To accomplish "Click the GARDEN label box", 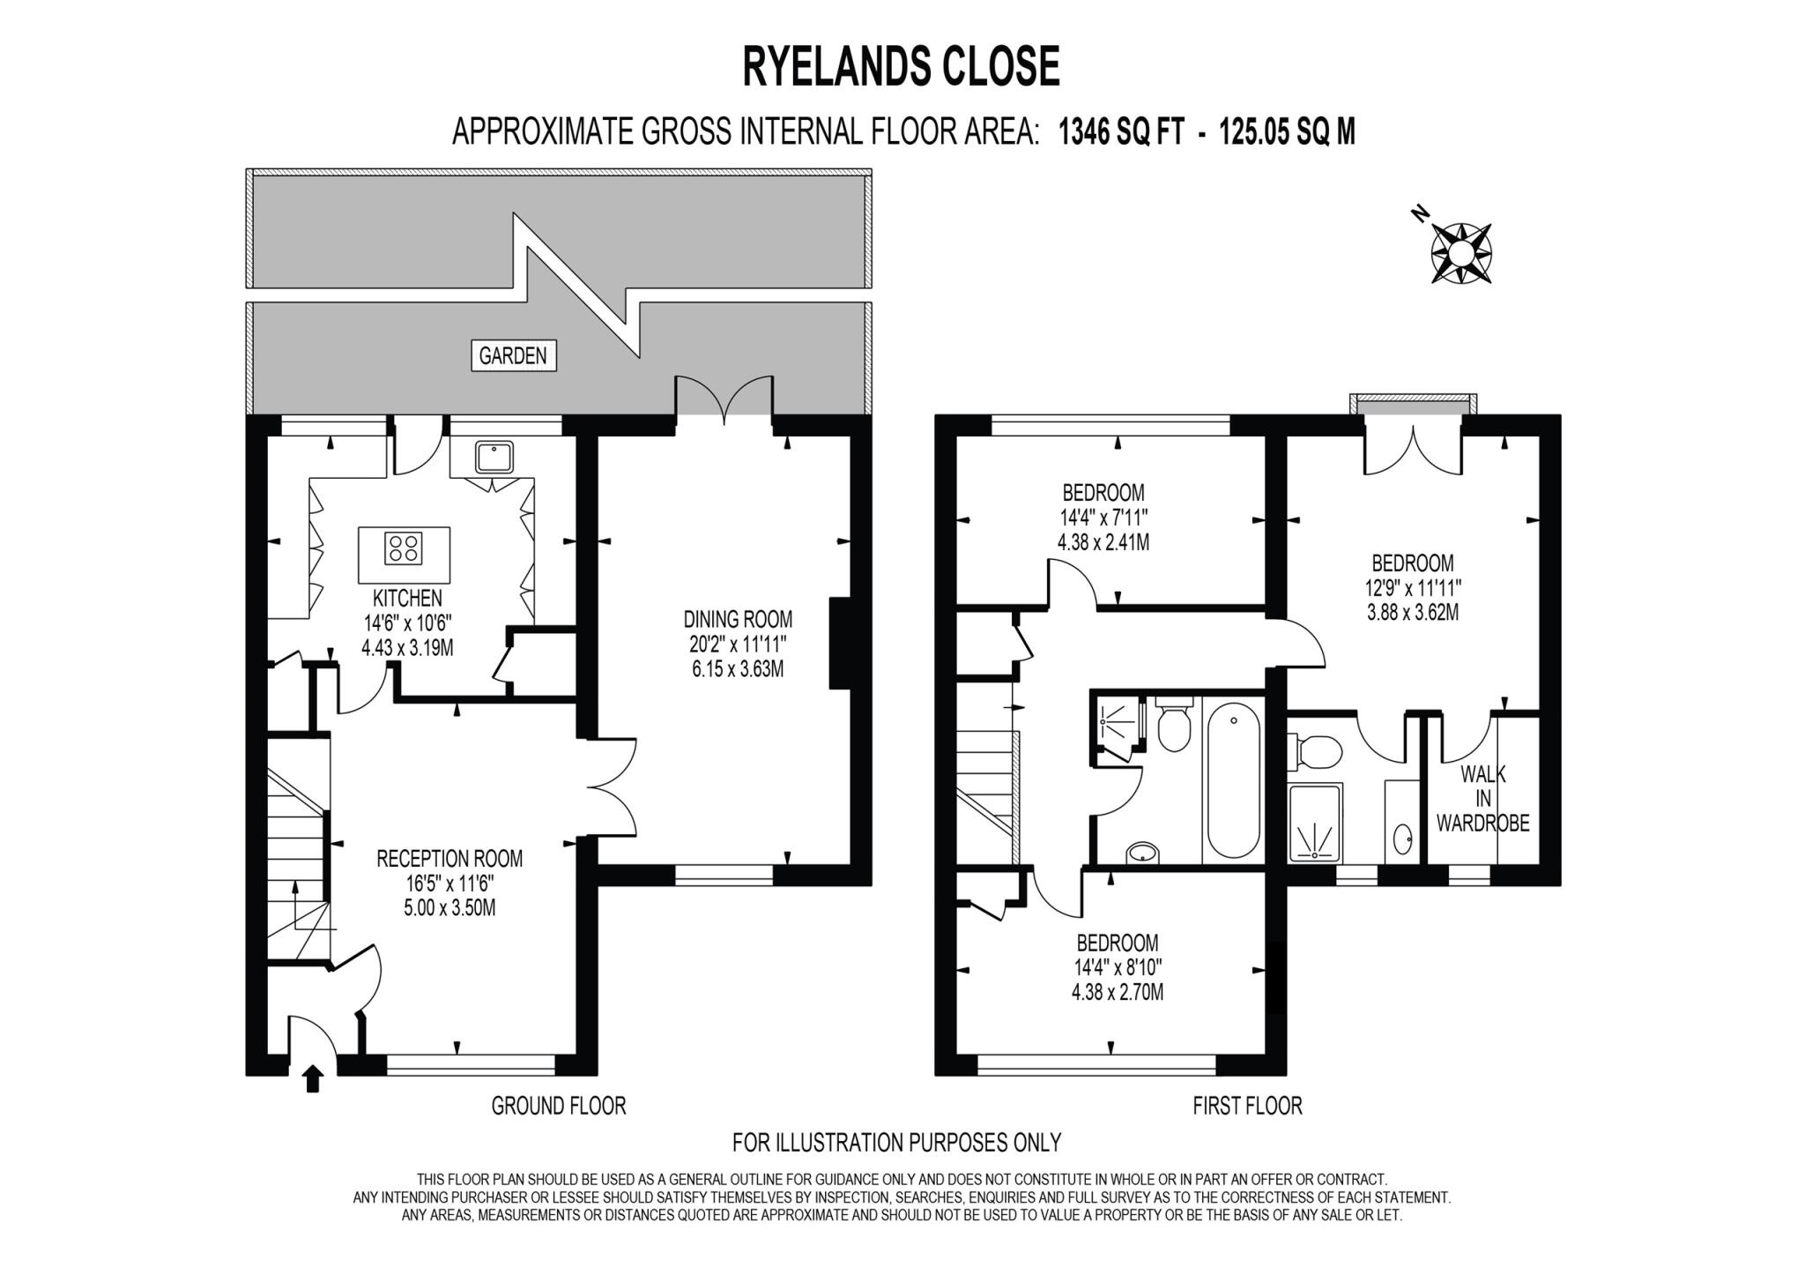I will (513, 355).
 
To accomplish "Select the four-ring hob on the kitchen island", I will (403, 548).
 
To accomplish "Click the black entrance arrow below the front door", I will (312, 1078).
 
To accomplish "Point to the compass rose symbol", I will (1460, 254).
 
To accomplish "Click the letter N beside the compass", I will (1418, 213).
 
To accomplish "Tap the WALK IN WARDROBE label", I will (1482, 799).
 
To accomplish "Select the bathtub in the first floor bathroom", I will (1232, 785).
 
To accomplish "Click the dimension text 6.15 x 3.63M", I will (738, 669).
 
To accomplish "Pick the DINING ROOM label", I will (738, 619).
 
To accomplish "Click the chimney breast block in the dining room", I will (839, 643).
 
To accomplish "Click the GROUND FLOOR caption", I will (558, 1106).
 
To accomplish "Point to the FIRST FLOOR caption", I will (1246, 1106).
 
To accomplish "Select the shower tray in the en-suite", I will (1314, 823).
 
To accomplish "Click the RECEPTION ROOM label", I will (449, 858).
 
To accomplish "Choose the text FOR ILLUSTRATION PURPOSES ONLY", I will (896, 1143).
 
